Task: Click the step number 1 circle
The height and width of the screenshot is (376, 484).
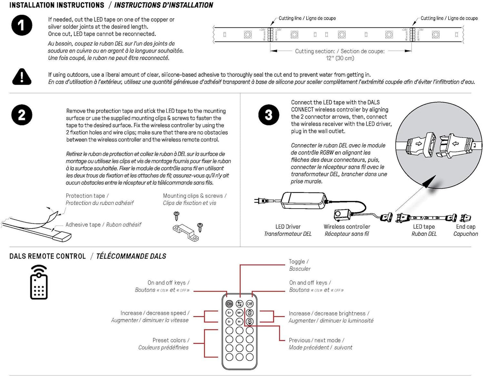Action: point(22,25)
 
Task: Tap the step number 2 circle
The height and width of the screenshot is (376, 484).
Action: point(22,115)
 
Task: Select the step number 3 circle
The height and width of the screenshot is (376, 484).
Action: point(269,115)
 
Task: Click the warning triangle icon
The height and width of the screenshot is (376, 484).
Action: point(22,77)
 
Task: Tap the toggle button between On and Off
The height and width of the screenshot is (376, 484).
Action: point(239,304)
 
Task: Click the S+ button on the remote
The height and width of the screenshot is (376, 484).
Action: point(229,313)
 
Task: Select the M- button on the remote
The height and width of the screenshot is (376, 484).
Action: point(239,321)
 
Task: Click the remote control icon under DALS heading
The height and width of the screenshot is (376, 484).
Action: point(39,282)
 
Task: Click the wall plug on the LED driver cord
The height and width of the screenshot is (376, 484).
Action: point(262,201)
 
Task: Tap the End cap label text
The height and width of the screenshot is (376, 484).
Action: point(466,227)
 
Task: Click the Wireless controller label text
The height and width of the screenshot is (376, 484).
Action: point(347,227)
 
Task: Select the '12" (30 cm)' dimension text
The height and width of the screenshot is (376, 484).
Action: point(340,58)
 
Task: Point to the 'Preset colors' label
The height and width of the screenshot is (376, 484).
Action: point(170,340)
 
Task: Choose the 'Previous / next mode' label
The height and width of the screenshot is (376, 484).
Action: point(317,340)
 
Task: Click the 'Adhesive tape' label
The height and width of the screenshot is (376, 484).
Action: point(83,225)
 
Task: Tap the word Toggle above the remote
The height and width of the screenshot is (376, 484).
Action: point(297,261)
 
